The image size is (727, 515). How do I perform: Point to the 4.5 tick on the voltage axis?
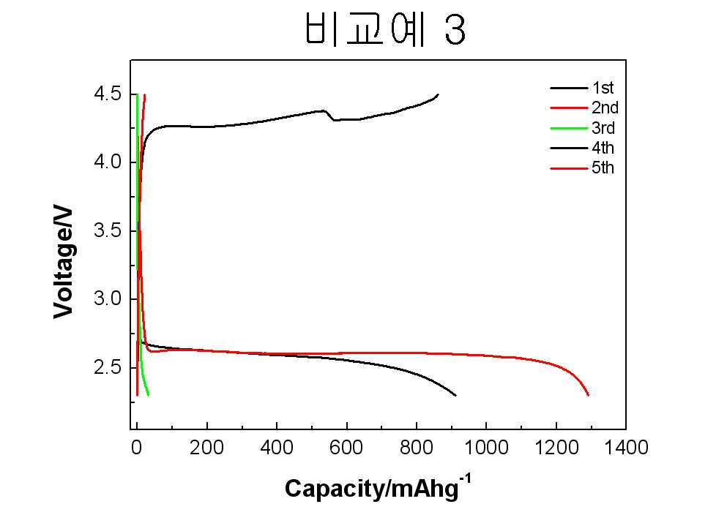coord(108,94)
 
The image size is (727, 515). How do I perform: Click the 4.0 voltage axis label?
coord(108,162)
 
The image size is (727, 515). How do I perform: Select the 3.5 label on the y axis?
coord(108,230)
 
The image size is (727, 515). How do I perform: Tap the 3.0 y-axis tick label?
coord(108,298)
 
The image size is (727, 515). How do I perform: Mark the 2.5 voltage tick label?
coord(108,367)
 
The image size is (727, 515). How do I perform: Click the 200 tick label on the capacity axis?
coord(206,448)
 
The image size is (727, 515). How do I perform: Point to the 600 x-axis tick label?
coord(346,448)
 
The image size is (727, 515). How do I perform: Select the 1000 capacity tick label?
coord(486,448)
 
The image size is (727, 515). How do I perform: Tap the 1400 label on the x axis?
coord(626,448)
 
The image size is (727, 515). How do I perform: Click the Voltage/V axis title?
coord(64,263)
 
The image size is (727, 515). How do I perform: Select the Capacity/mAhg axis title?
coord(378,487)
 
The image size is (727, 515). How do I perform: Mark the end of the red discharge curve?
coord(589,395)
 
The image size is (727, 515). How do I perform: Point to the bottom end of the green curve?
coord(149,395)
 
